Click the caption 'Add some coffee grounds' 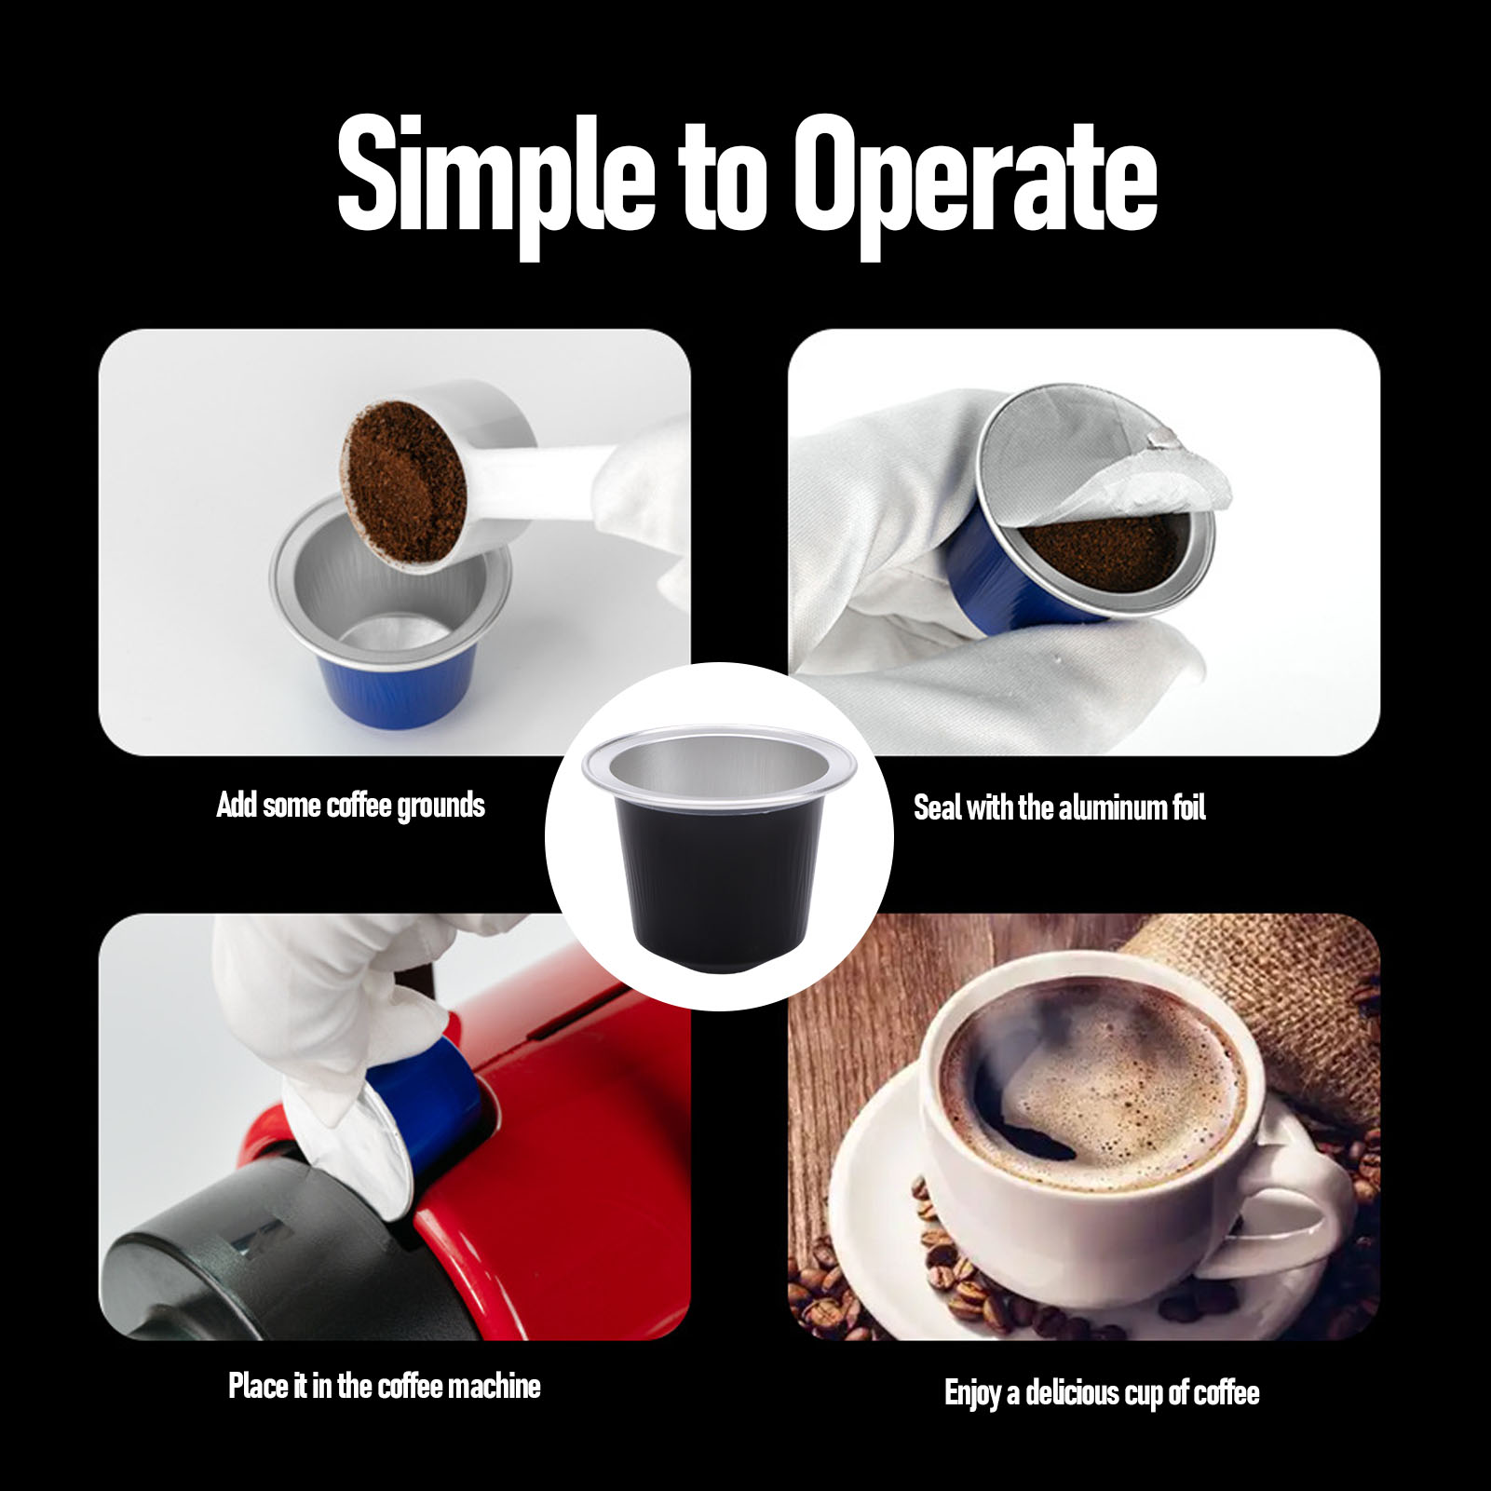coord(351,805)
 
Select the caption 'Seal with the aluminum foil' coord(1060,806)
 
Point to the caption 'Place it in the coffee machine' coord(385,1385)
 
